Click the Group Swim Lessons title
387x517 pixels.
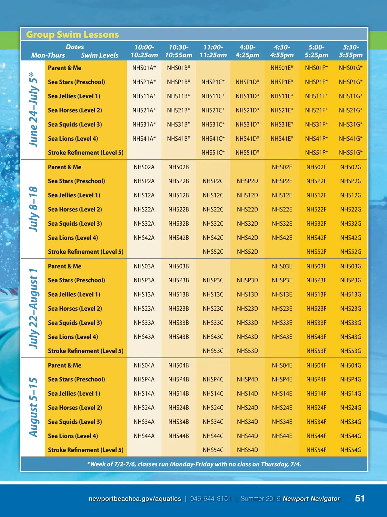(73, 34)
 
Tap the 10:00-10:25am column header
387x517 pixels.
(144, 51)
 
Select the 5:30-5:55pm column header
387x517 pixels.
(351, 51)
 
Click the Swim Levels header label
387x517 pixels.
(100, 55)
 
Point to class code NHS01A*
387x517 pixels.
(144, 68)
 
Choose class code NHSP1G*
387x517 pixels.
(351, 82)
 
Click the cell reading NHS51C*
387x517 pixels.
(213, 153)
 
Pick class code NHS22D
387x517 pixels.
(247, 210)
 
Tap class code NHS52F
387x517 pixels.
(316, 252)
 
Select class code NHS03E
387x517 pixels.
(282, 266)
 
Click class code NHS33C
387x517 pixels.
(213, 323)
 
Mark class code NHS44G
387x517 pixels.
(351, 436)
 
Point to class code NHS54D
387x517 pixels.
(247, 450)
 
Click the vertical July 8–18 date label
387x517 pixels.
(34, 209)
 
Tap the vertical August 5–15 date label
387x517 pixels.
(34, 407)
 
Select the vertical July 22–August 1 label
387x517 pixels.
(34, 308)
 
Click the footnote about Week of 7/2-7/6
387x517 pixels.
(194, 464)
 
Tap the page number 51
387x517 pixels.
(360, 499)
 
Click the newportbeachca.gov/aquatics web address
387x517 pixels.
(135, 499)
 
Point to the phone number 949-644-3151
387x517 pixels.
(211, 499)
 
